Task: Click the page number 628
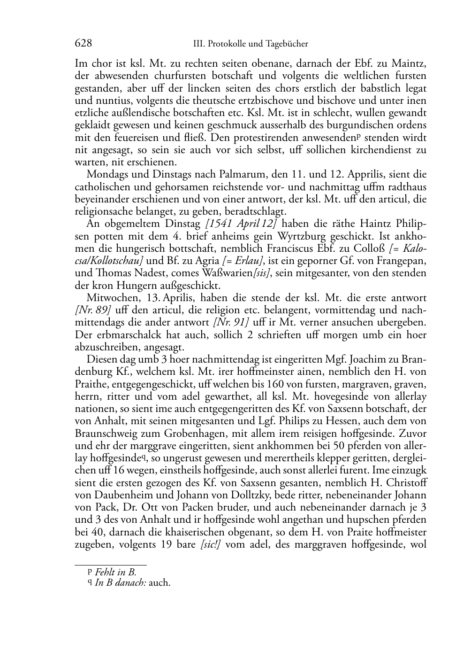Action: pyautogui.click(x=83, y=44)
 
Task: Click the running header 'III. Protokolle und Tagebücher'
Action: pyautogui.click(x=251, y=44)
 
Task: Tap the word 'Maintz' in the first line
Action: pyautogui.click(x=409, y=63)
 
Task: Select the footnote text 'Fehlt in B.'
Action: pyautogui.click(x=115, y=572)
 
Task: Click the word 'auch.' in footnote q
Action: pyautogui.click(x=160, y=584)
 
